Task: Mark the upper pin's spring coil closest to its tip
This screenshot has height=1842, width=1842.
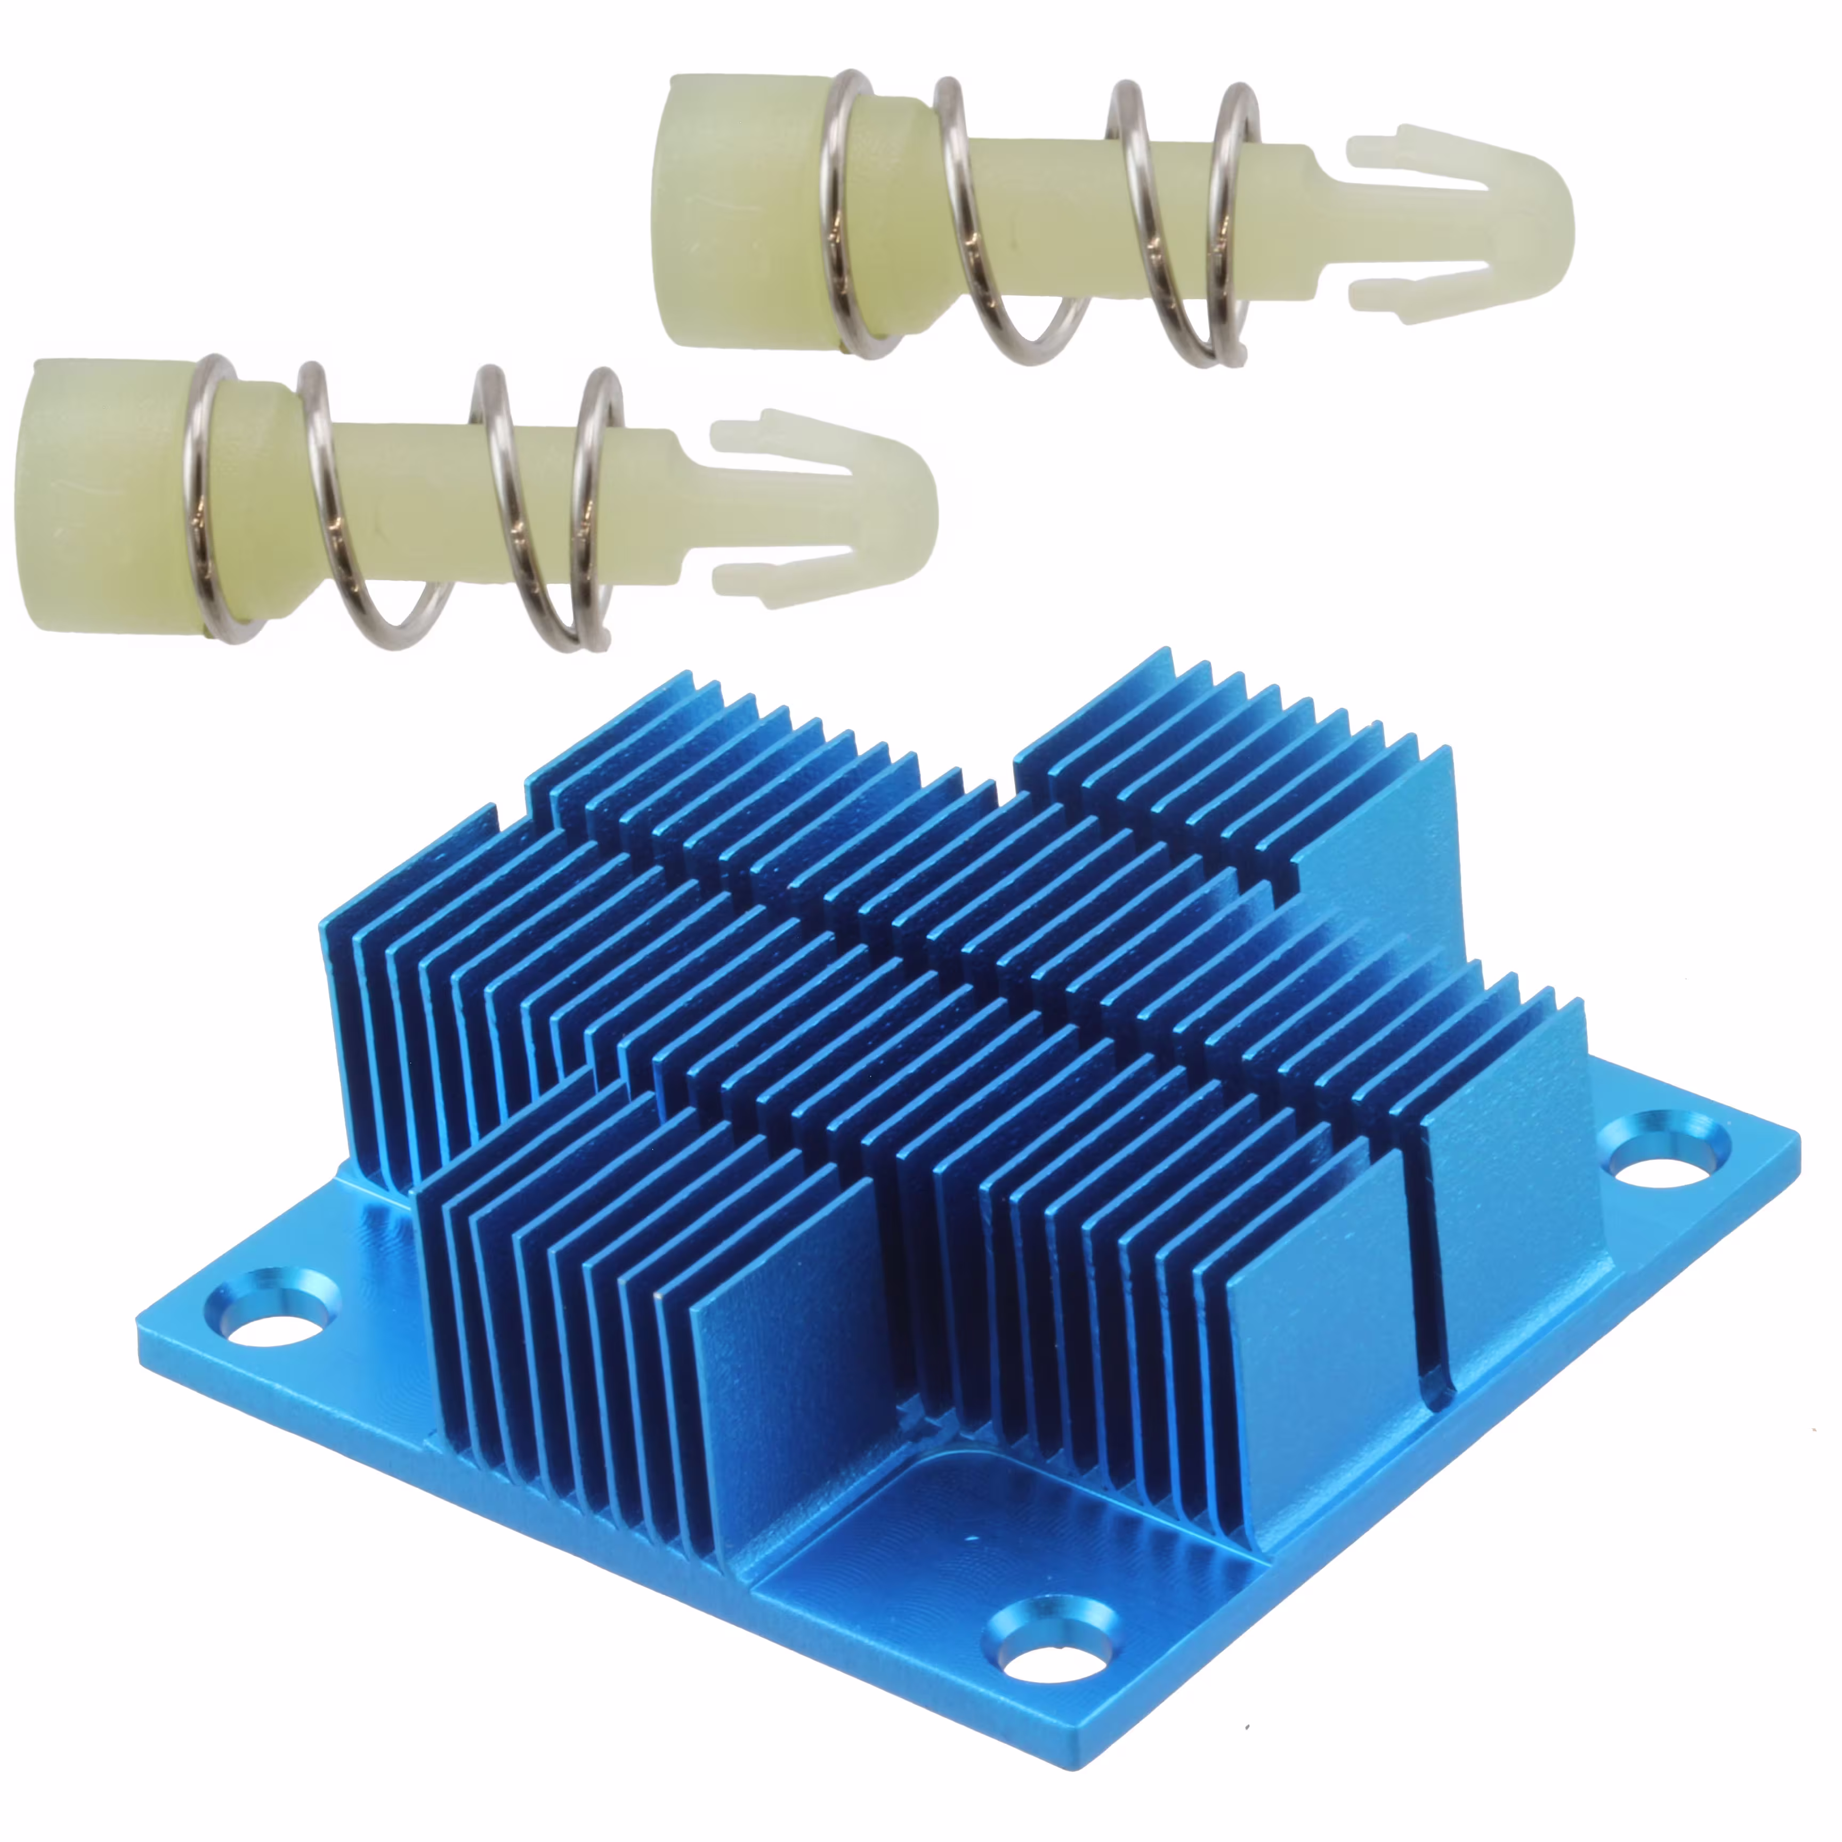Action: pos(1230,224)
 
